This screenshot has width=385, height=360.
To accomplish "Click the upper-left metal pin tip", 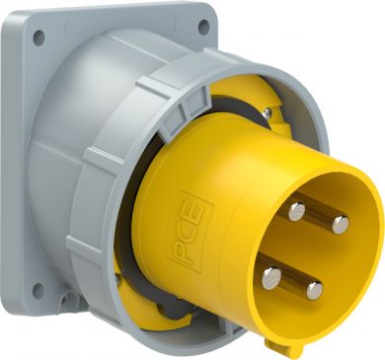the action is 297,212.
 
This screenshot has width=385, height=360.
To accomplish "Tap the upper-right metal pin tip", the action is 341,225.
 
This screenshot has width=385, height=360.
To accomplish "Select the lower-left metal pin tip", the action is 271,278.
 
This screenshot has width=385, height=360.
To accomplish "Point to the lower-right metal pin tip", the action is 315,291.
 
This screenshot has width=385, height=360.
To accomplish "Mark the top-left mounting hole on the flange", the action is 38,37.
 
